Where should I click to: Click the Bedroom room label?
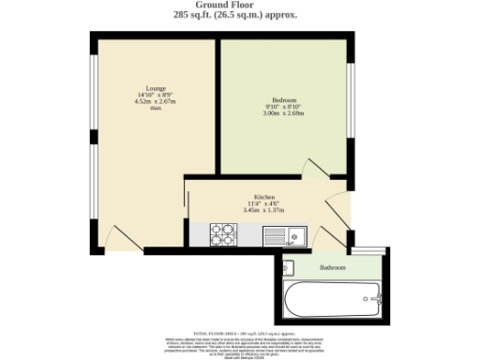(x=284, y=100)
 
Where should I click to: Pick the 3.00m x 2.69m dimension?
(x=284, y=113)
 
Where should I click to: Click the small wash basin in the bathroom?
(x=289, y=266)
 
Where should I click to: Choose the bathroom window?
(x=366, y=251)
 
